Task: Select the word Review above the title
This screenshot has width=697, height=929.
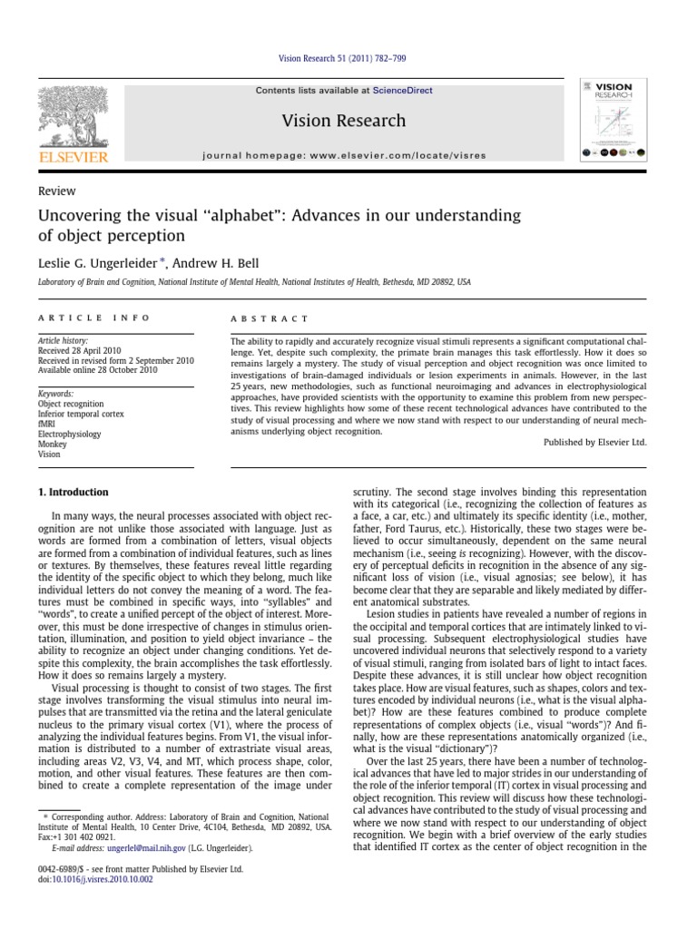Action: click(x=56, y=191)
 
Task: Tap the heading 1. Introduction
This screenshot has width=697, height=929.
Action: click(x=73, y=493)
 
